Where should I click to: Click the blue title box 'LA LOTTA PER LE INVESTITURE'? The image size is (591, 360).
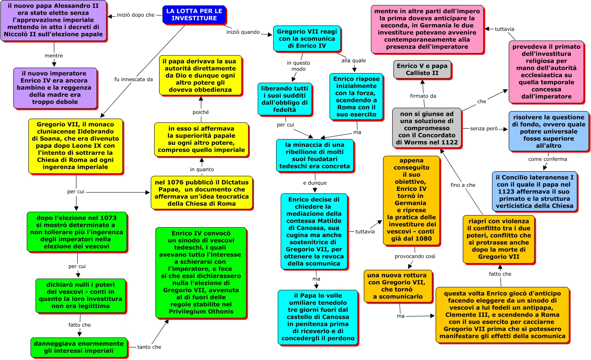[194, 15]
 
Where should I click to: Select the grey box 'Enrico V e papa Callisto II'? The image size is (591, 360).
[422, 69]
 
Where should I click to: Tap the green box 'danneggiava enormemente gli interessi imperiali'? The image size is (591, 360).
[79, 347]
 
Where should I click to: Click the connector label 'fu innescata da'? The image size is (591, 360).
[134, 79]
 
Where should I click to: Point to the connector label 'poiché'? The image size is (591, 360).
[200, 112]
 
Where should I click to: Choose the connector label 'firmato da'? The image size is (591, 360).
[423, 96]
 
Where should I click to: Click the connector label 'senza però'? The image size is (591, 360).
[484, 129]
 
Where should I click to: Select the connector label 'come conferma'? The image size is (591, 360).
[548, 159]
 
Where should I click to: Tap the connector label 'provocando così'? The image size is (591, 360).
[415, 256]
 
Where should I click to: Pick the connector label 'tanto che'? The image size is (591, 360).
[149, 347]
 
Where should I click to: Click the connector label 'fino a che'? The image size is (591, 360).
[463, 185]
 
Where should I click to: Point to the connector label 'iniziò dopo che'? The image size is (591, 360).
[136, 15]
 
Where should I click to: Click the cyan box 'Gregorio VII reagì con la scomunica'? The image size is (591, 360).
[307, 38]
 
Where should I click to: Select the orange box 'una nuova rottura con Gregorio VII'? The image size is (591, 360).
[398, 286]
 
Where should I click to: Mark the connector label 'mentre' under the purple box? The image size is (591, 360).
[54, 56]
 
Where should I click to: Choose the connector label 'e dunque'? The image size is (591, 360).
[315, 183]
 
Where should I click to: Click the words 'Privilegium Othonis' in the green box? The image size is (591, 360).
[201, 312]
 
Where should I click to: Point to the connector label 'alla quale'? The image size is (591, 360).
[353, 61]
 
